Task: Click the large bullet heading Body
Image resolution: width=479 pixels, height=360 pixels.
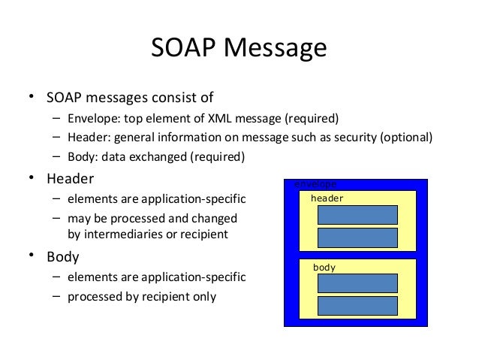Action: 63,256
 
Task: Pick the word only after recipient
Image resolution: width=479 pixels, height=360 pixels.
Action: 202,296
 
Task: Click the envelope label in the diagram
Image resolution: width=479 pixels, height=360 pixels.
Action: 315,183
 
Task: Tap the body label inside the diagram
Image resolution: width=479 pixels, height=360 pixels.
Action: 324,267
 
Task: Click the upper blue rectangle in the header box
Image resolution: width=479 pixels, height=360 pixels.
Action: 357,214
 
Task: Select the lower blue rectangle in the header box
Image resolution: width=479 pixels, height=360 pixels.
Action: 357,237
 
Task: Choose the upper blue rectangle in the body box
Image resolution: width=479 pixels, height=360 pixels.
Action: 357,283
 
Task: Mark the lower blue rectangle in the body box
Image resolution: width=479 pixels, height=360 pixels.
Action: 357,306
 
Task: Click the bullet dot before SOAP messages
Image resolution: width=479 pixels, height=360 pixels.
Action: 32,98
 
